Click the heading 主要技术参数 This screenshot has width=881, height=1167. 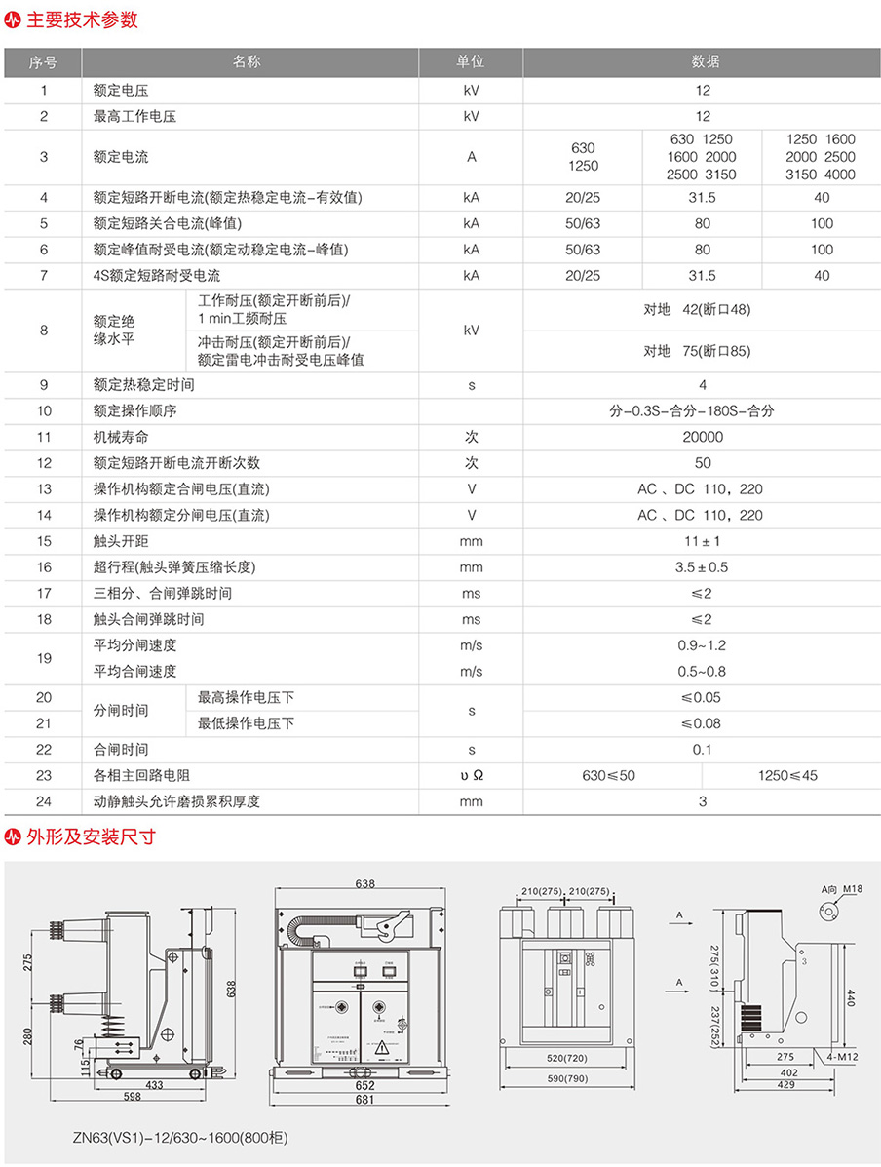tap(82, 19)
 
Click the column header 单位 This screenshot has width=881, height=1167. tap(471, 62)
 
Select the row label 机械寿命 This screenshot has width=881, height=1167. tap(121, 437)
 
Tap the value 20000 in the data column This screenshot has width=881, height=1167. tap(703, 437)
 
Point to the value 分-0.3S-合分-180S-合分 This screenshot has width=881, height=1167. tap(703, 411)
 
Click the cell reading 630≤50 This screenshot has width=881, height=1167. tap(609, 776)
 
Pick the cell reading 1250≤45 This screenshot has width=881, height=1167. tap(789, 776)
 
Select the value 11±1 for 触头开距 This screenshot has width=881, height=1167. tap(703, 541)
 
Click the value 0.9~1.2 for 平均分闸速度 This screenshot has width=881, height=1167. tap(703, 645)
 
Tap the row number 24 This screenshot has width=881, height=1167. tap(44, 801)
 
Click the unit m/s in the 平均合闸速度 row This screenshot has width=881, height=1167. tap(471, 672)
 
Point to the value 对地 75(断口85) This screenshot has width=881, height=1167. tap(703, 351)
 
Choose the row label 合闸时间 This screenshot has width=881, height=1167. tap(121, 750)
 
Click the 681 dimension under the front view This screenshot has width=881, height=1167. tap(364, 1100)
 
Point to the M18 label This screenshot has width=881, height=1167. tap(855, 889)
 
